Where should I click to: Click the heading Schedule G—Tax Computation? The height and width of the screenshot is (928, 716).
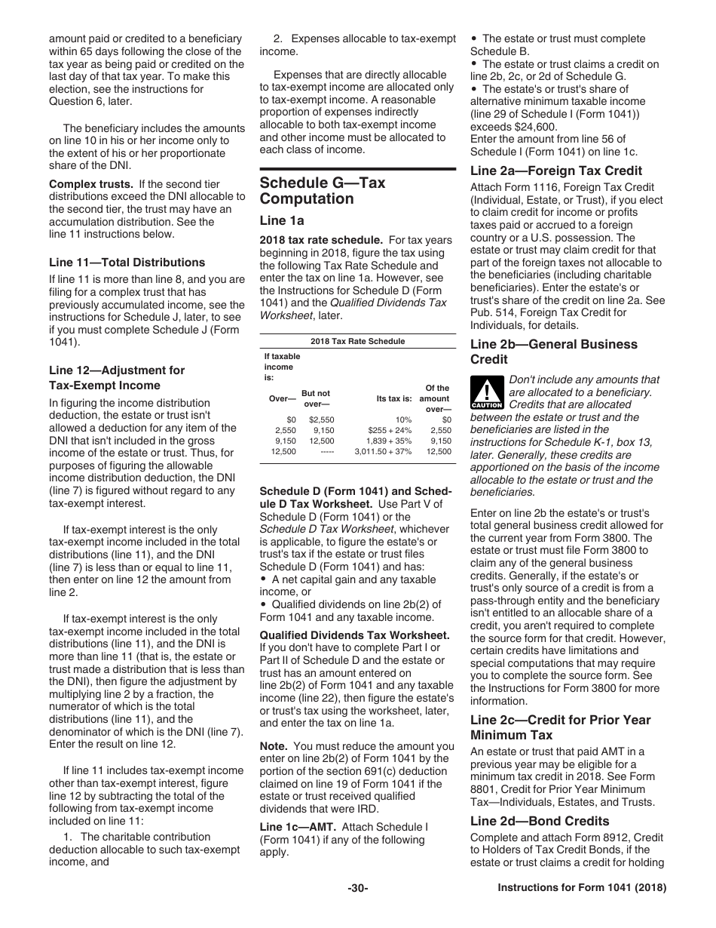(322, 191)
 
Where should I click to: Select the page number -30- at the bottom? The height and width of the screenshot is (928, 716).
(357, 888)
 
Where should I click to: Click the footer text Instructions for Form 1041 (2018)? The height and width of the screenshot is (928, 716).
(582, 888)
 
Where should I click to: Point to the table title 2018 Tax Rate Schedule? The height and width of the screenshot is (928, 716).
(357, 341)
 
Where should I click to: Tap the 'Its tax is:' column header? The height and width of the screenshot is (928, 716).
(394, 398)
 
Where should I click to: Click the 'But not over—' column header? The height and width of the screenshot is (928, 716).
(316, 398)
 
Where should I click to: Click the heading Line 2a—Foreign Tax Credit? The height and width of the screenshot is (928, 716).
(555, 171)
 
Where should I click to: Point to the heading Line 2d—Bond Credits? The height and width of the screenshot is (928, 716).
(540, 821)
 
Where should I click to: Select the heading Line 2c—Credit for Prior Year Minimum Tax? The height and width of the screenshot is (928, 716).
(560, 727)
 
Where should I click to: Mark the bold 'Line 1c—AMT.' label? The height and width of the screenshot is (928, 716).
(298, 826)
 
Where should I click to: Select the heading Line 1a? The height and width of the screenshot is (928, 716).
(282, 220)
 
